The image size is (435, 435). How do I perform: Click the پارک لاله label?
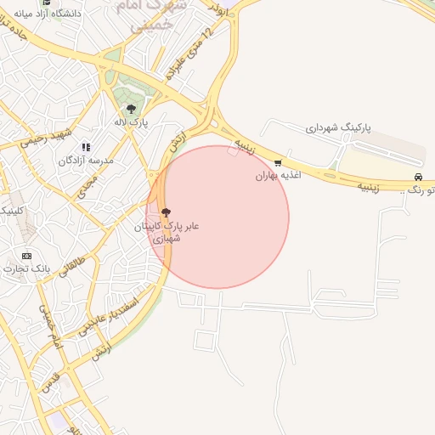coord(132,123)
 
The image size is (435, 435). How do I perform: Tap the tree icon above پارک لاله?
coord(131,109)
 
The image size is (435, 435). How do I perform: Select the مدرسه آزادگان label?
coord(87,161)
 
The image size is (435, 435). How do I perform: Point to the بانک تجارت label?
coord(26,268)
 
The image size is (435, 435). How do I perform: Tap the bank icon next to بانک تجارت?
coord(26,256)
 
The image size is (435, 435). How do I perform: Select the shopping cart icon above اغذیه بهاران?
coord(278,162)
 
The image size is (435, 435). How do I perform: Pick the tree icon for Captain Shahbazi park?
coord(164,212)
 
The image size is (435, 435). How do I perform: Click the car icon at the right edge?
coord(418,177)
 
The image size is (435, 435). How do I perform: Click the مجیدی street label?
coord(87,185)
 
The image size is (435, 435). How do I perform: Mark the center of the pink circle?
coord(217,217)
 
